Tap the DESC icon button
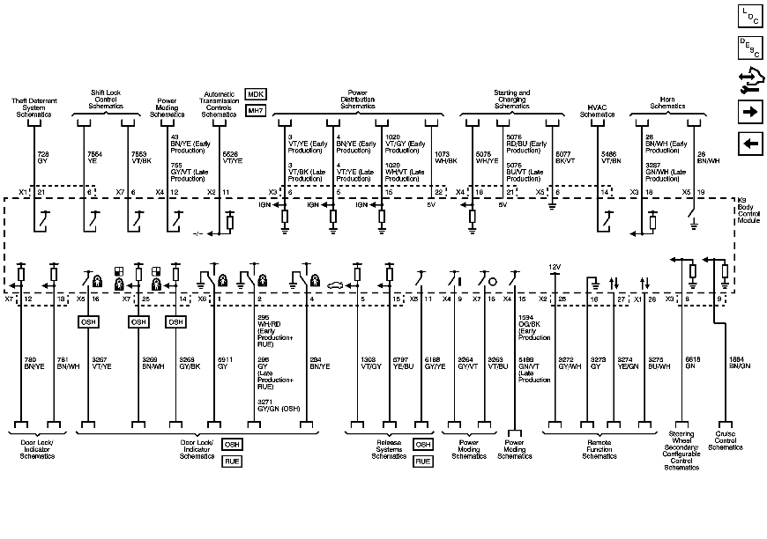coord(749,48)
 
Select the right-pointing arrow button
coord(749,112)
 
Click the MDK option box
coord(256,94)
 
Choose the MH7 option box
coord(256,111)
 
